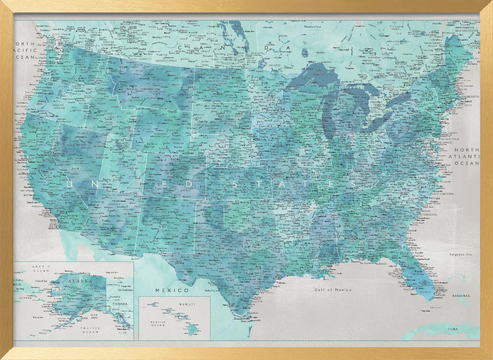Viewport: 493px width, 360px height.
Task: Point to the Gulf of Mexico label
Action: coord(333,289)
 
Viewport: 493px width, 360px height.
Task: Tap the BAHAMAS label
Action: coord(460,296)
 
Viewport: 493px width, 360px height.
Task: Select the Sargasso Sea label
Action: coord(460,254)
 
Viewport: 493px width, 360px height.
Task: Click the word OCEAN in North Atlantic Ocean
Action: coord(467,163)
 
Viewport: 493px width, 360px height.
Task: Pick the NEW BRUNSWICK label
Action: coord(465,31)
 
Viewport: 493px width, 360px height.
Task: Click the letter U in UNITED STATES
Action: coord(69,184)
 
